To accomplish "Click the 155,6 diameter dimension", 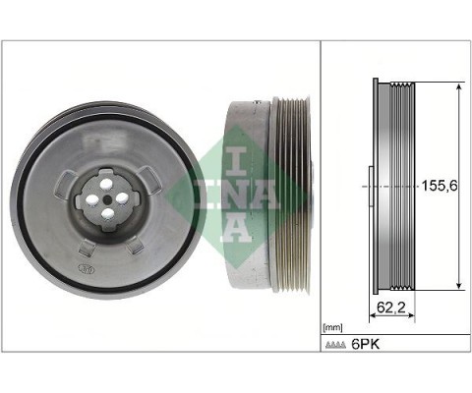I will [438, 184].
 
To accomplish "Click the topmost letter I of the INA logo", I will [235, 160].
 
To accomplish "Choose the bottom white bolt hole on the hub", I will [106, 213].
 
